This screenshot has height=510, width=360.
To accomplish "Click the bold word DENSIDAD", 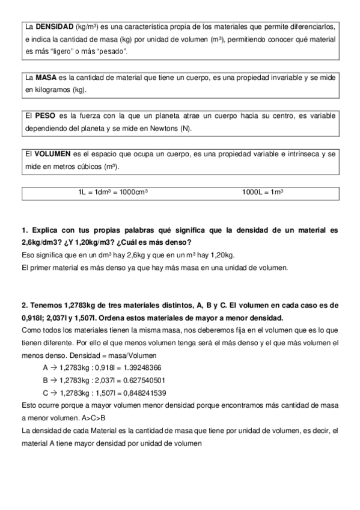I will coord(53,28).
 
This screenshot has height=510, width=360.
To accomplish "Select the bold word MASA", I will coord(46,78).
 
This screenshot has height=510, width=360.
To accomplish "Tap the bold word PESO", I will coord(46,115).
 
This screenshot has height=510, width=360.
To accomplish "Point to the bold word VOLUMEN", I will coord(52,153).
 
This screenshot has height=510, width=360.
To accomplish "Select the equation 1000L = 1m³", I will coord(263,192).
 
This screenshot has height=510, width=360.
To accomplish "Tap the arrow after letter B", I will coord(53,380).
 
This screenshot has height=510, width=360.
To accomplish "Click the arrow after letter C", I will coord(53,393).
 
